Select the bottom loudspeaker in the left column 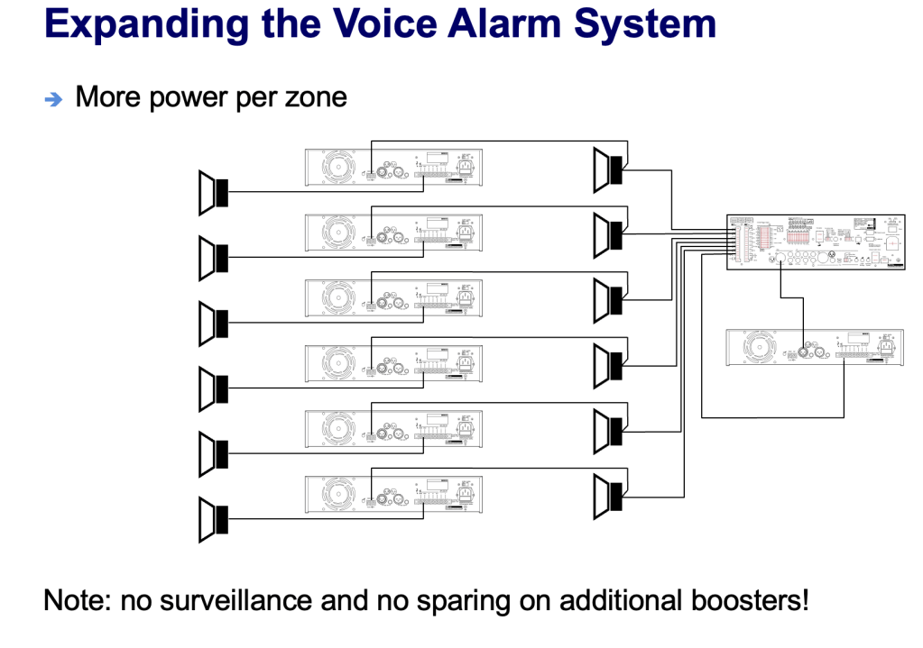[x=213, y=520]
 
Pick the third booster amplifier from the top [x=393, y=297]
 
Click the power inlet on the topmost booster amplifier [x=466, y=167]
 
